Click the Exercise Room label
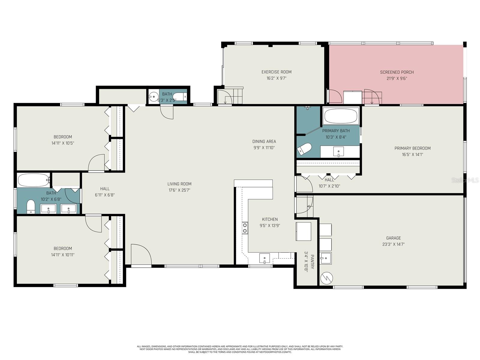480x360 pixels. coord(276,72)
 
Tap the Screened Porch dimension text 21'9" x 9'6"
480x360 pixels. coord(397,79)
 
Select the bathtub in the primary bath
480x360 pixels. coord(341,116)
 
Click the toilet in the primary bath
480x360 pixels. coord(304,149)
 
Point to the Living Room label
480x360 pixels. coord(179,184)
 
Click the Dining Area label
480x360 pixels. coord(264,142)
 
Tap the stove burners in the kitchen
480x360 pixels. coord(245,228)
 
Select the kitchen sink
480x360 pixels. coord(264,258)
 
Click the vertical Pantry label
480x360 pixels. coord(312,262)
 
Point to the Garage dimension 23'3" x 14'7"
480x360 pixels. coord(393,244)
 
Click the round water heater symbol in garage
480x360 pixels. coord(326,278)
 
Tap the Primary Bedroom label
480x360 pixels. coord(412,148)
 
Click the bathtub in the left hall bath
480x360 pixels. coord(33,180)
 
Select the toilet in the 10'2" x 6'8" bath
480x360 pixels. coord(31,207)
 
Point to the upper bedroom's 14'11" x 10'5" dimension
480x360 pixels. coord(63,143)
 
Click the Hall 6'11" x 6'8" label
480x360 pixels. coord(105,189)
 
